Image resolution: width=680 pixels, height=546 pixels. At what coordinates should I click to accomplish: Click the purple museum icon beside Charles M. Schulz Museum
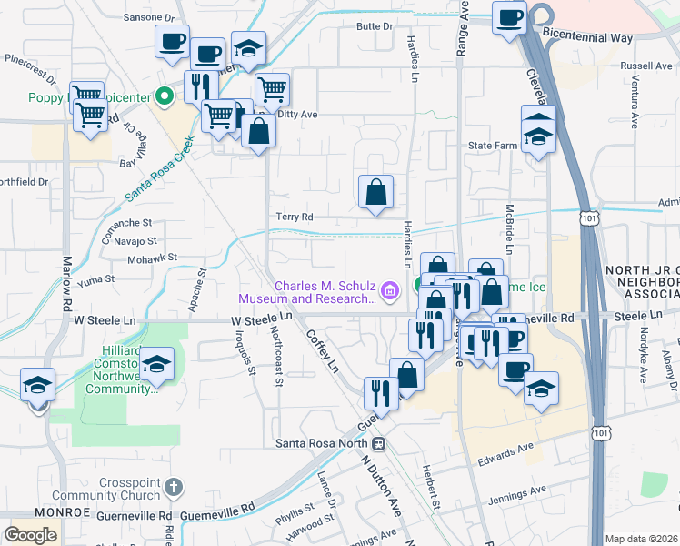pos(390,291)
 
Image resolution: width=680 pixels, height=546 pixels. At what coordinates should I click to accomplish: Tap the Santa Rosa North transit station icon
pos(377,443)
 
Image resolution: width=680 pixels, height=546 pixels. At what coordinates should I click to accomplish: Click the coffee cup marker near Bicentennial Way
pos(509,17)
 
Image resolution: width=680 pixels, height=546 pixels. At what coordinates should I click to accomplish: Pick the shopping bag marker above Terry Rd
pos(375,192)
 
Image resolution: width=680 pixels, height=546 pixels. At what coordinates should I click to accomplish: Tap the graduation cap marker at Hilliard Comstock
pos(157,366)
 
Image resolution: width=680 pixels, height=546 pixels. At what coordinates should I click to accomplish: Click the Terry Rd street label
pos(295,217)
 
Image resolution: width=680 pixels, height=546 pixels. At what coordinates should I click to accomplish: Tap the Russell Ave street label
pos(645,66)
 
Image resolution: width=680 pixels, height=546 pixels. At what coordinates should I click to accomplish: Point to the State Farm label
pos(492,145)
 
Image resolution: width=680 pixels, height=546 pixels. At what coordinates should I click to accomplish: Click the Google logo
pos(30,534)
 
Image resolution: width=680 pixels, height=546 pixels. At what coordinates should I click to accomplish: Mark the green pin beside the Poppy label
pos(164,94)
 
